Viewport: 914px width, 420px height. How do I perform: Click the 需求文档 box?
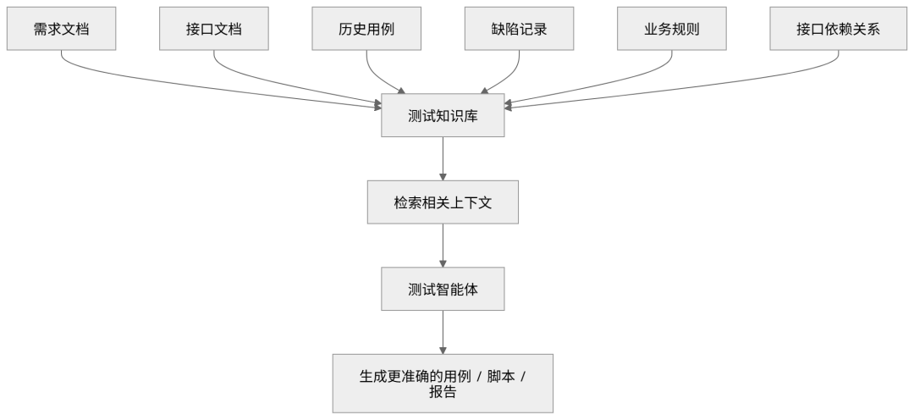point(61,29)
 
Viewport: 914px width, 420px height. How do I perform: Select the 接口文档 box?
point(214,29)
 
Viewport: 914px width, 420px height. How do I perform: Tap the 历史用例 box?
point(366,29)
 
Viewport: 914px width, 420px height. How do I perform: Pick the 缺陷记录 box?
point(520,29)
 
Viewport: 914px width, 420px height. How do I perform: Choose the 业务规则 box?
point(672,29)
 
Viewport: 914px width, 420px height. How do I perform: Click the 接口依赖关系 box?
point(838,29)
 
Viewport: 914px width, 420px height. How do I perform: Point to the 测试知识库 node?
point(443,115)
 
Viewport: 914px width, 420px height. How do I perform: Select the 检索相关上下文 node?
point(443,202)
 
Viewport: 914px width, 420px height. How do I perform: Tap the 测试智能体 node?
point(443,289)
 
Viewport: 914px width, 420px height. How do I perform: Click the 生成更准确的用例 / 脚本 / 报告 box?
point(443,384)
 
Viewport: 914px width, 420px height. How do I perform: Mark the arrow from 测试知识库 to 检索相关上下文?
point(443,158)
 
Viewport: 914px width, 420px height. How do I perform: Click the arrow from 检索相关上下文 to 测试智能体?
point(443,246)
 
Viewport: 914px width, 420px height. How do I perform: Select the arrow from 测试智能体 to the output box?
point(443,333)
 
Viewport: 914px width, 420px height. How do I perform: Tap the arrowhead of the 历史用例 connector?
point(400,91)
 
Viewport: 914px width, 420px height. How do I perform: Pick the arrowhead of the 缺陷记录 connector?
point(485,91)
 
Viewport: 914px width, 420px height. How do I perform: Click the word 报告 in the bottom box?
point(443,391)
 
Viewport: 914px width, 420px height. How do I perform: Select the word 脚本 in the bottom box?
point(501,376)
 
